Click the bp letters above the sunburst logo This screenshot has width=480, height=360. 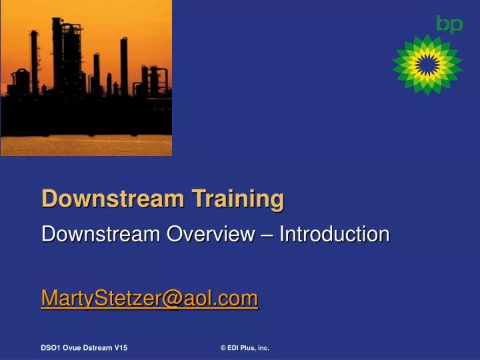pyautogui.click(x=449, y=24)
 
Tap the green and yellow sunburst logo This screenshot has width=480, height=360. pyautogui.click(x=427, y=64)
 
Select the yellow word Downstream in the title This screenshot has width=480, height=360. pyautogui.click(x=112, y=199)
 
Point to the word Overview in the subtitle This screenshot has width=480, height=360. pyautogui.click(x=209, y=234)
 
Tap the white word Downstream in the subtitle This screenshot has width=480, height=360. pyautogui.click(x=101, y=234)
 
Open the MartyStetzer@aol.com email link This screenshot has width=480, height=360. pyautogui.click(x=149, y=298)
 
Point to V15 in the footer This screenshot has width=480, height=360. pyautogui.click(x=121, y=348)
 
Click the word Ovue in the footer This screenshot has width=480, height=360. pyautogui.click(x=73, y=348)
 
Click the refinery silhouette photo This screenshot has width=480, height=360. pyautogui.click(x=86, y=78)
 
